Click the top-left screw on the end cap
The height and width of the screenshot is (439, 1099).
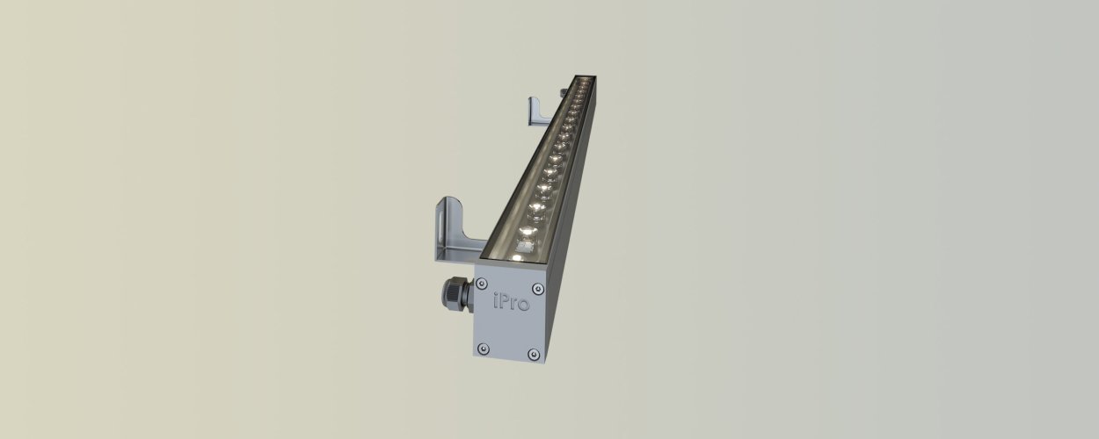tap(481, 283)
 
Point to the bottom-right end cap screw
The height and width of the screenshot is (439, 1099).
tap(533, 354)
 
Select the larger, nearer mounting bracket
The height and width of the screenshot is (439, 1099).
tap(448, 234)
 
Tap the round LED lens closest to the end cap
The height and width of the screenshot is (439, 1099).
tap(526, 231)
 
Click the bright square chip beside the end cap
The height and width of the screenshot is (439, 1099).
tap(520, 250)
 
